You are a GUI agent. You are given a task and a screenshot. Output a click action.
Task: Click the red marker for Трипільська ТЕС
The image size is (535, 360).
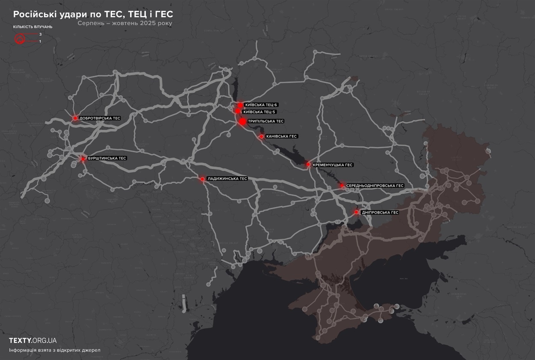pos(243,122)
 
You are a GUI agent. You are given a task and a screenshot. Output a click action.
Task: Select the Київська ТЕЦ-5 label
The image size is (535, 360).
pos(259,112)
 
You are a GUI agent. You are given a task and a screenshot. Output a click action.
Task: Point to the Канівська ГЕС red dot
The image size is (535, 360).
pos(262,137)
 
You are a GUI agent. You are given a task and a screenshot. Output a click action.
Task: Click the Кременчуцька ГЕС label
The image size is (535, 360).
pos(333,164)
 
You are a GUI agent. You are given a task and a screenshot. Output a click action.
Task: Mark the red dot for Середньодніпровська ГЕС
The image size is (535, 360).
pos(342,186)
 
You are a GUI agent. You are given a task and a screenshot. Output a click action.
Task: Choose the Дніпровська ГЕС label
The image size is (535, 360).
pos(380,212)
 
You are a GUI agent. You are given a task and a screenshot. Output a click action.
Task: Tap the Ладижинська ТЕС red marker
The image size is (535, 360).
pos(202,179)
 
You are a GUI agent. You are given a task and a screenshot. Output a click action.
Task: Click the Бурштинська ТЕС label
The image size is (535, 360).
pos(107,158)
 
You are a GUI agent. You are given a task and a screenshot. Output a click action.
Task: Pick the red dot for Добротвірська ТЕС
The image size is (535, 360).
pos(75,118)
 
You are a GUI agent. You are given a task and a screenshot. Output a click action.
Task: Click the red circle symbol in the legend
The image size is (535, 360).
pos(20,40)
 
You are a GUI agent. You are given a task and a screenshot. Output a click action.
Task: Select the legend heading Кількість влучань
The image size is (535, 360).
pos(33,27)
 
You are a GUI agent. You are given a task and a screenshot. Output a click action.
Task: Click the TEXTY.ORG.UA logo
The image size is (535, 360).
pos(33,341)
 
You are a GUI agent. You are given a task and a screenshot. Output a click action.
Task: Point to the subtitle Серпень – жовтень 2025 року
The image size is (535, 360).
pos(125,24)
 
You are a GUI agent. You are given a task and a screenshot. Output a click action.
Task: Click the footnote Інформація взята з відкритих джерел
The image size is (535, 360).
pos(54,350)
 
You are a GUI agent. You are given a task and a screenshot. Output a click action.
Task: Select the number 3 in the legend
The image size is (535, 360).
pos(40,34)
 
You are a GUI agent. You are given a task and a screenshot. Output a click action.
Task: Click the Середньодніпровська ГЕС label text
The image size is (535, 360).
pos(375,186)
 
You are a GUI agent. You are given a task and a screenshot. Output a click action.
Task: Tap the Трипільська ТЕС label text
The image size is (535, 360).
pos(265,121)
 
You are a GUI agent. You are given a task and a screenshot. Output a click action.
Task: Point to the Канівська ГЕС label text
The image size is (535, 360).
pos(281,137)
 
